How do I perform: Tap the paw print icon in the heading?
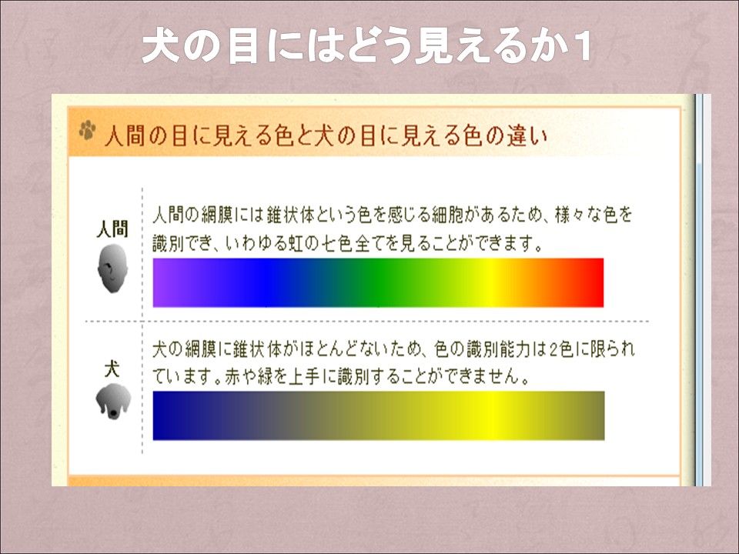(x=87, y=130)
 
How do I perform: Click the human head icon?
(x=112, y=268)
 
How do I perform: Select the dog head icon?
(x=113, y=401)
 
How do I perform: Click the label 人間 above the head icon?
(x=112, y=229)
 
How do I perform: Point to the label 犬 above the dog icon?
(x=112, y=369)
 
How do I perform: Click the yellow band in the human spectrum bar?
(x=490, y=282)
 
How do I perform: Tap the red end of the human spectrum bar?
(x=595, y=282)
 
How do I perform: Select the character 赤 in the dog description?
(x=232, y=377)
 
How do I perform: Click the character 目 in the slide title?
(x=242, y=47)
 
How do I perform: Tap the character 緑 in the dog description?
(x=265, y=377)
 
